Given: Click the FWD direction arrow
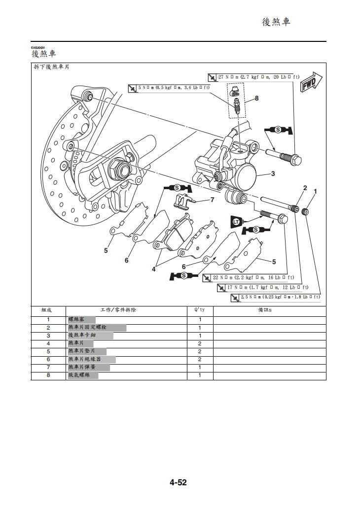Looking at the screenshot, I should pyautogui.click(x=311, y=82).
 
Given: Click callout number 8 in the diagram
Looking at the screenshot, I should pyautogui.click(x=256, y=98).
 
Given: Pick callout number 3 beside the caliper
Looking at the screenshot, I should pyautogui.click(x=273, y=173).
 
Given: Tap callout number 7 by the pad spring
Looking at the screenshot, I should pyautogui.click(x=212, y=200).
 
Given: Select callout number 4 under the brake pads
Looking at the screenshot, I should pyautogui.click(x=153, y=269).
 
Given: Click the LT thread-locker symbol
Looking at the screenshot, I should pyautogui.click(x=236, y=222).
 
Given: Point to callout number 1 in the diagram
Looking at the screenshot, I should pyautogui.click(x=316, y=191).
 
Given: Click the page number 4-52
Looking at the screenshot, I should pyautogui.click(x=179, y=483).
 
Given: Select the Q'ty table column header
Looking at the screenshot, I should pyautogui.click(x=200, y=310).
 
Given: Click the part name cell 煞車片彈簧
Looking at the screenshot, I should pyautogui.click(x=82, y=368).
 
